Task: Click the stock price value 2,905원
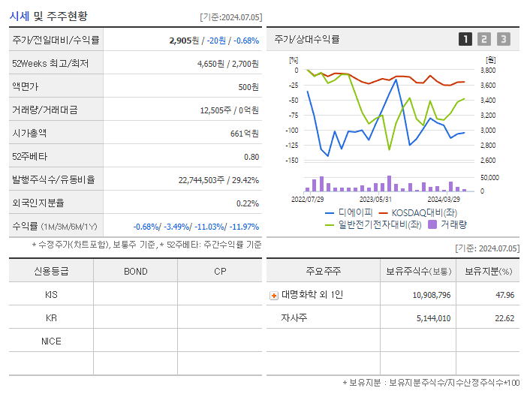[x=184, y=40]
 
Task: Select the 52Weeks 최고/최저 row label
[x=50, y=64]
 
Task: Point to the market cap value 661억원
[x=244, y=134]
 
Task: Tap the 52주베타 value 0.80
[x=251, y=157]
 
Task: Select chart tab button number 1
[x=465, y=39]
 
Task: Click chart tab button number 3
[x=503, y=39]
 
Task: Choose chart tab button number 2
[x=484, y=39]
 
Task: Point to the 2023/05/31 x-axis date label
[x=375, y=200]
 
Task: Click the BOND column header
[x=135, y=271]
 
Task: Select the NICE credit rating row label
[x=51, y=341]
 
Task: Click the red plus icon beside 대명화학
[x=274, y=296]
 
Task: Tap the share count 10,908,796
[x=431, y=295]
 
